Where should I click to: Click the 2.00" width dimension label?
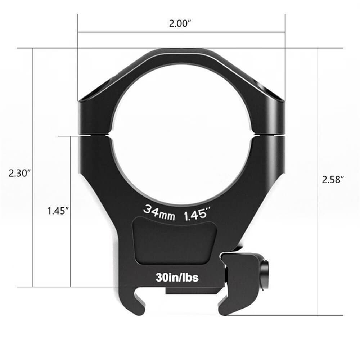(x=181, y=24)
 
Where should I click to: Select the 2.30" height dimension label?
(x=19, y=173)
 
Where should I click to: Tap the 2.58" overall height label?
(x=333, y=179)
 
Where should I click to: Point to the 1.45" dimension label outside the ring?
(x=58, y=211)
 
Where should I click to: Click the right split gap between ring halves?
(x=269, y=135)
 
